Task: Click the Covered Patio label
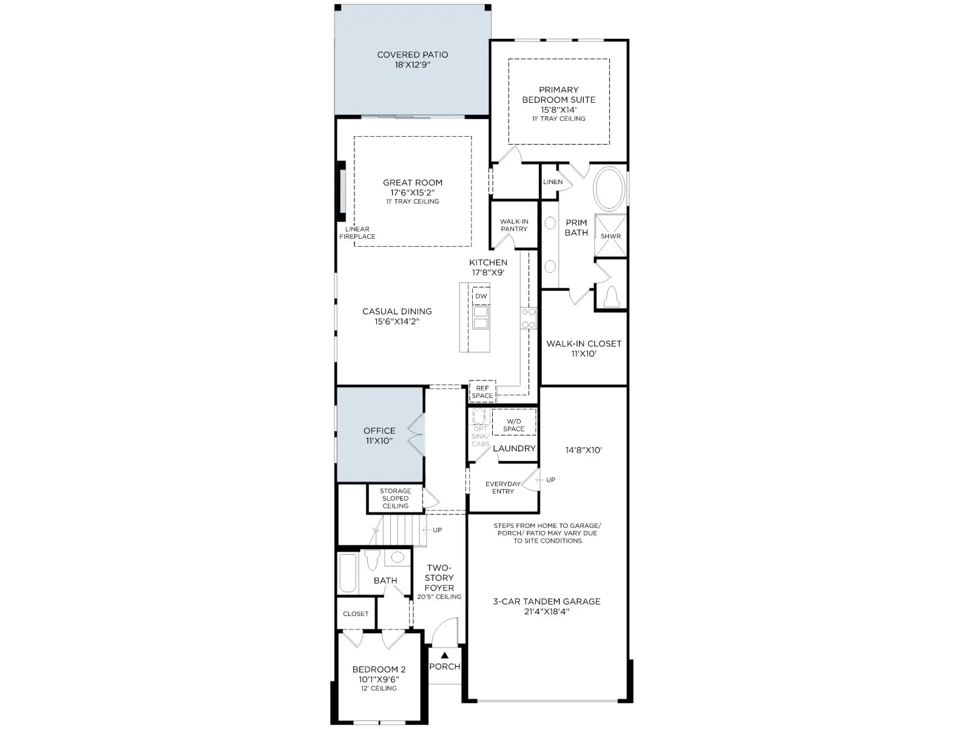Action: coord(412,55)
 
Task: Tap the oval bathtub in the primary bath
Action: coord(609,189)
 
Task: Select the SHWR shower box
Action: coord(611,236)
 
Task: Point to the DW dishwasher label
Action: coord(481,296)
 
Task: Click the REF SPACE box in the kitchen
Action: coord(482,392)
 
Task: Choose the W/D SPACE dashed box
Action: coord(513,422)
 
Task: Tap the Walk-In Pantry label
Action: coord(514,225)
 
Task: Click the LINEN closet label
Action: coord(552,182)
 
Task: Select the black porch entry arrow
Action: coord(445,655)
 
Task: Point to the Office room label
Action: coord(379,431)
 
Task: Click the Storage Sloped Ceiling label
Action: coord(395,498)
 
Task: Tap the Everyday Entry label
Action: coord(503,488)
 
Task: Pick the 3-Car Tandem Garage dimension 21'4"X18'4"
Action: coord(546,612)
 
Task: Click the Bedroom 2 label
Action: coord(379,669)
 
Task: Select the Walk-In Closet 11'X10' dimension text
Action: coord(584,354)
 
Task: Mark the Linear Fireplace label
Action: coord(357,233)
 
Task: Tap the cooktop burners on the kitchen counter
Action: coord(528,318)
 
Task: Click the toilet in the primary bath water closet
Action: coord(611,296)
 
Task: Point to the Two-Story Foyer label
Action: coord(439,578)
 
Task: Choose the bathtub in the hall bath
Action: coord(348,572)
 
